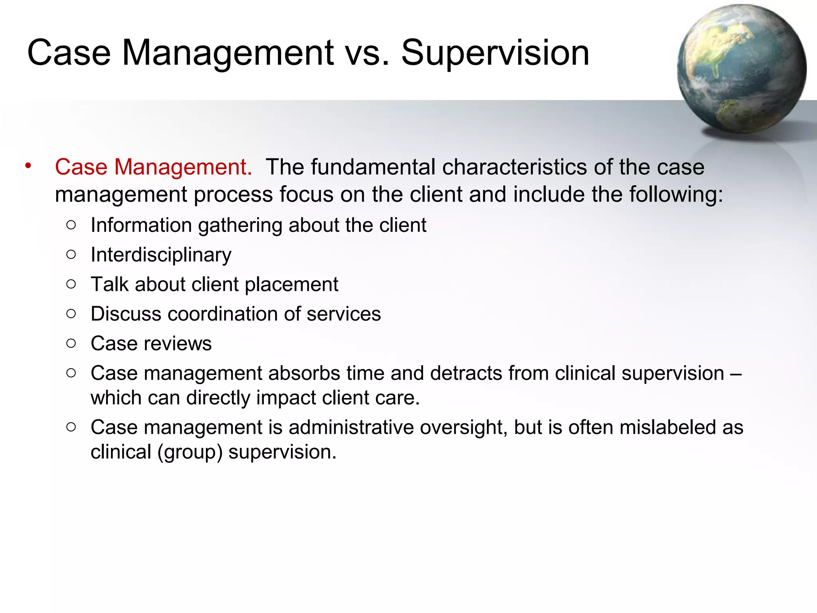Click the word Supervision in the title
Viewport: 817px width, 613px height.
point(495,53)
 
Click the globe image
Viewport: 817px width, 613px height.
point(742,69)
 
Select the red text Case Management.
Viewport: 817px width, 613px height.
point(154,167)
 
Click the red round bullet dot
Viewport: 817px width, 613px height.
point(28,166)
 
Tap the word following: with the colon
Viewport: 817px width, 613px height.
point(676,194)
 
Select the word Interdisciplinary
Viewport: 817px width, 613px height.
point(161,255)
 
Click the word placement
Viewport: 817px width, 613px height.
point(291,285)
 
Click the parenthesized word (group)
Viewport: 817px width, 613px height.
point(190,453)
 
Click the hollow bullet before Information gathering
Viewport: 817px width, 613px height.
point(71,225)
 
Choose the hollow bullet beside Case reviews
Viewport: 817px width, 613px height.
point(71,343)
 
